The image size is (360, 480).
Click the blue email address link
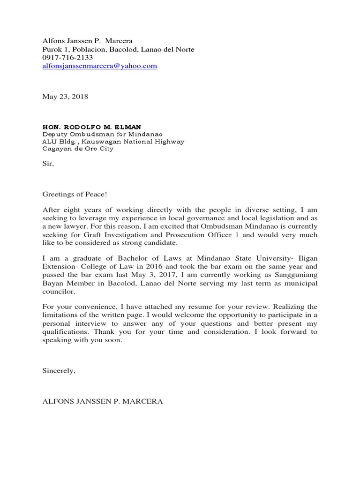point(99,66)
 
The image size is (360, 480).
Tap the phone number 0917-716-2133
point(67,58)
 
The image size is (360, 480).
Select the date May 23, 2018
point(65,97)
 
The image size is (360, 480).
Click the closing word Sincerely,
point(59,371)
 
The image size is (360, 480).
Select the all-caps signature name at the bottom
point(103,402)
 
